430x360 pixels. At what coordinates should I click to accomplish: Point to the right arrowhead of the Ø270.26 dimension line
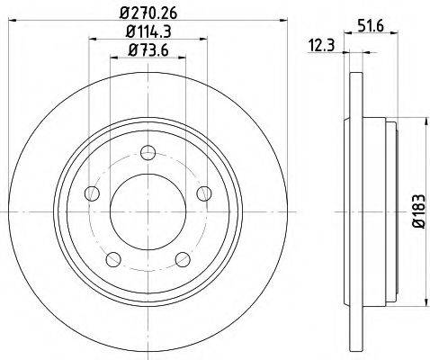tap(269, 23)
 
